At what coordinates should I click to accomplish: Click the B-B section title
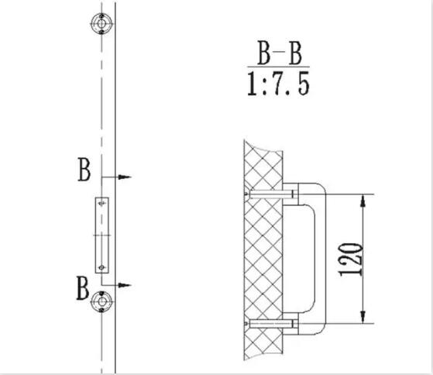pyautogui.click(x=280, y=53)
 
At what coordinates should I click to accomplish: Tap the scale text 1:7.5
pyautogui.click(x=278, y=84)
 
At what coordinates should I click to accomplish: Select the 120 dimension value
pyautogui.click(x=351, y=260)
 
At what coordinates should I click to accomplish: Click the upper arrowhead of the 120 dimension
pyautogui.click(x=363, y=201)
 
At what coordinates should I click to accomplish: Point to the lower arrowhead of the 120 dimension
pyautogui.click(x=363, y=317)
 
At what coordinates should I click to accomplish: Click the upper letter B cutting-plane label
pyautogui.click(x=84, y=169)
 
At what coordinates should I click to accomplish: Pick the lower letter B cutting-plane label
pyautogui.click(x=83, y=287)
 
